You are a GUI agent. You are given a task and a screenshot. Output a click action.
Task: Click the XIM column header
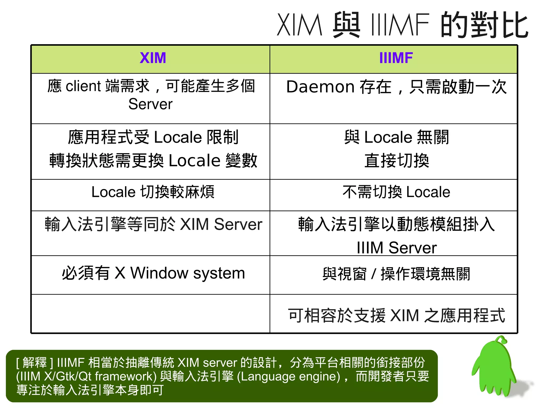click(153, 58)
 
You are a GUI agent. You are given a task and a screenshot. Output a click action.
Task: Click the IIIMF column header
click(396, 58)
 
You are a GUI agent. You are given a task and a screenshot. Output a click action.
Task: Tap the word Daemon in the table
click(320, 87)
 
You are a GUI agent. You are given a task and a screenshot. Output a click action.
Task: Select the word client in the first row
click(83, 86)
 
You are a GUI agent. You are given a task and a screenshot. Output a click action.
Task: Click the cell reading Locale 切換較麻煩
click(153, 192)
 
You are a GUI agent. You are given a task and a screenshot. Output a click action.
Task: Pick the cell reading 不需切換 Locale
click(396, 192)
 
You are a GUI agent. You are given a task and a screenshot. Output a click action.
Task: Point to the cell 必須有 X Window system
click(153, 273)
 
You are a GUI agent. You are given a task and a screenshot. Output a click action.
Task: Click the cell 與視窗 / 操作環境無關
click(396, 274)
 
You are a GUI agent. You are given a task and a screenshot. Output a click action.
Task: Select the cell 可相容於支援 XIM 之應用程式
click(396, 316)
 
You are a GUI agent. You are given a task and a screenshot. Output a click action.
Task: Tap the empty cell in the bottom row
click(151, 314)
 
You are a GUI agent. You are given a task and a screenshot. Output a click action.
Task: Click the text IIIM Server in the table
click(397, 248)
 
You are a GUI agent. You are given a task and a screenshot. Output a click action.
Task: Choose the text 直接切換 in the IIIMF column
click(397, 161)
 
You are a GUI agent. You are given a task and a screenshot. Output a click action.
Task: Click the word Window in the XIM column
click(159, 273)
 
